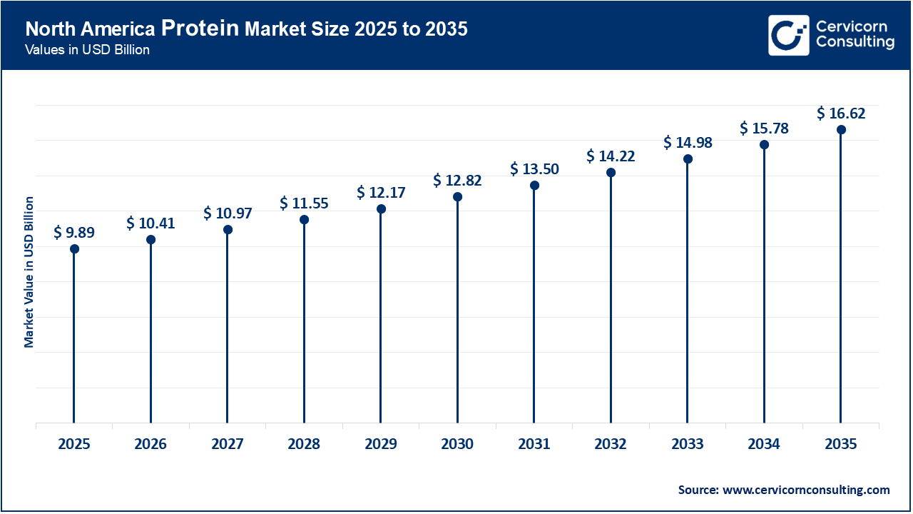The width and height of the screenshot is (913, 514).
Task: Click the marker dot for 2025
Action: click(x=74, y=248)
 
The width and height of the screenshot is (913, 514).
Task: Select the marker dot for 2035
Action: click(x=841, y=129)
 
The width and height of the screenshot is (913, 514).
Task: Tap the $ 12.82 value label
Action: click(x=457, y=181)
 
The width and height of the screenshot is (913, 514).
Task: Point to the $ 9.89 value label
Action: click(x=74, y=232)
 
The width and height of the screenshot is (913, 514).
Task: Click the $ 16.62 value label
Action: click(x=841, y=113)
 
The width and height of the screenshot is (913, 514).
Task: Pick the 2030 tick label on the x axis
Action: click(x=457, y=444)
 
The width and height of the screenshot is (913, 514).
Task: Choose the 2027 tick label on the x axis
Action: click(x=228, y=444)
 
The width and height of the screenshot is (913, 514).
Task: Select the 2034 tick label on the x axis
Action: click(x=764, y=444)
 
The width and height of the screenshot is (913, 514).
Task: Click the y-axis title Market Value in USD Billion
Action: click(x=29, y=271)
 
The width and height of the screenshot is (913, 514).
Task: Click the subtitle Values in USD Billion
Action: click(x=87, y=51)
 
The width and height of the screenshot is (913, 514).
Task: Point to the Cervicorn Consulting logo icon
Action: click(x=788, y=35)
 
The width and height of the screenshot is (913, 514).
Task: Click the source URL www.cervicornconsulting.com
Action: click(x=806, y=490)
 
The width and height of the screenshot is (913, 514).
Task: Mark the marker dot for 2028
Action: click(x=304, y=219)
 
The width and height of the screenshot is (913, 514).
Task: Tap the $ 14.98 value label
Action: click(x=688, y=143)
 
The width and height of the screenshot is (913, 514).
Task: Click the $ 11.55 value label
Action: click(x=304, y=203)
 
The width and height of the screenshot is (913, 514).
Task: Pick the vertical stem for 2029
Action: click(x=381, y=321)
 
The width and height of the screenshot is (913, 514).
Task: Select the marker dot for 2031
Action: click(x=534, y=185)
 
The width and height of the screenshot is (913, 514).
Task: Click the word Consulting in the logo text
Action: click(x=855, y=43)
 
